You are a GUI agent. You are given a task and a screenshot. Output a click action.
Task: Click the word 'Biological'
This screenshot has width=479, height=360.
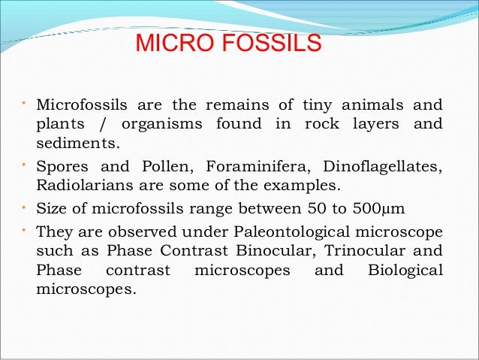pos(405,269)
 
